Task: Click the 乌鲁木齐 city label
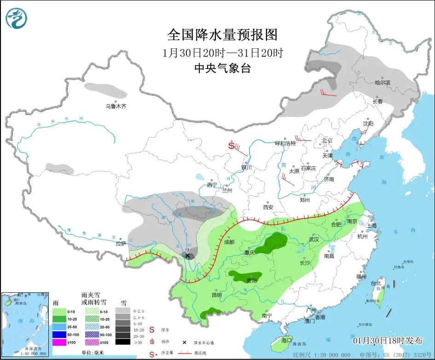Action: coord(116,106)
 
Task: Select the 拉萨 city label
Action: coord(121,244)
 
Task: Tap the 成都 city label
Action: coord(229,242)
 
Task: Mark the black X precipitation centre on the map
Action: coord(187,255)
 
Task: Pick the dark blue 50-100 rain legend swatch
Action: coord(60,334)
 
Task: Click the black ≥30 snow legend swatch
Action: coord(122,342)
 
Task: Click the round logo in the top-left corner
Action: coord(17,17)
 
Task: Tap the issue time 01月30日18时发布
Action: coord(388,341)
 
